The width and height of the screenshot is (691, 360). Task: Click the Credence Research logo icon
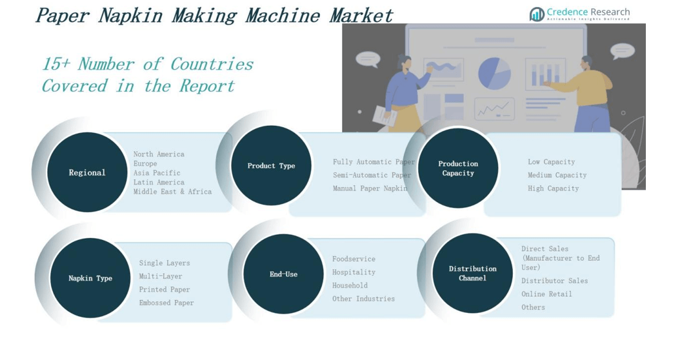(537, 14)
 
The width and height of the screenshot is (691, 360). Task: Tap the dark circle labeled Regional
(87, 172)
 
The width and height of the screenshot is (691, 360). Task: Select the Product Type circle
(271, 166)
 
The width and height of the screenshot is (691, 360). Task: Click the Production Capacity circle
(458, 168)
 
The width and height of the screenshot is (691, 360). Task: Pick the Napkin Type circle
(90, 278)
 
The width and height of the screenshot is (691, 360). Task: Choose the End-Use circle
(283, 274)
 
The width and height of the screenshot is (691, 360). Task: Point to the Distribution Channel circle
(472, 273)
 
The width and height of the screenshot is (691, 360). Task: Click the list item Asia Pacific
(157, 173)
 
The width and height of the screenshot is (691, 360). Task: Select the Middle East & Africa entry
(172, 192)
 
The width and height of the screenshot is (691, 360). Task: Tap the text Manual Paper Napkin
(370, 188)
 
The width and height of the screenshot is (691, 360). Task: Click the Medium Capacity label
(557, 175)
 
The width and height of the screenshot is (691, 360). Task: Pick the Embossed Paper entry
(166, 303)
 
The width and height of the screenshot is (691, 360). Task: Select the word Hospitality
(354, 272)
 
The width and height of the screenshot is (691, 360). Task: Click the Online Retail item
(546, 294)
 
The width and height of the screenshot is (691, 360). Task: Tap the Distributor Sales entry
(554, 281)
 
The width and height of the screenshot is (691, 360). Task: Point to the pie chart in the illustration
(494, 73)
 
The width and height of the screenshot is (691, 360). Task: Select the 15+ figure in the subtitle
(56, 64)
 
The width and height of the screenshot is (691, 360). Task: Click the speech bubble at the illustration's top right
(622, 50)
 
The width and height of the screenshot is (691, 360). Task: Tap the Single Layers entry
(165, 263)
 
